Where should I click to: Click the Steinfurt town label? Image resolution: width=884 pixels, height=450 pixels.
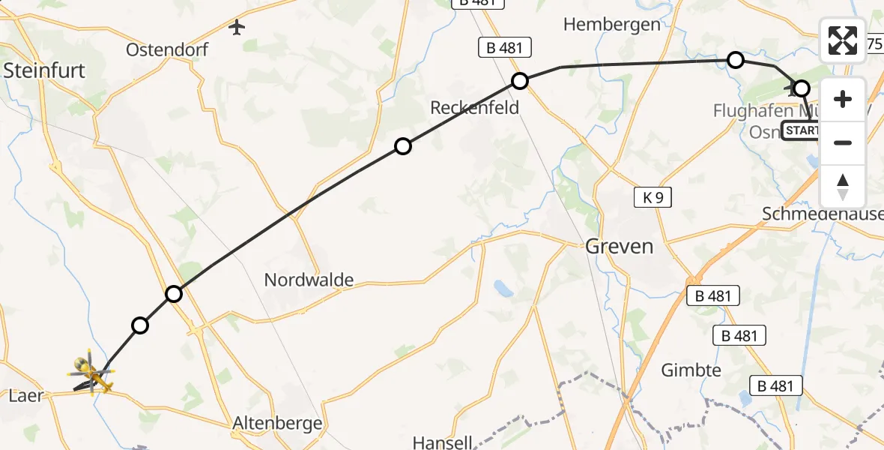[x=45, y=70]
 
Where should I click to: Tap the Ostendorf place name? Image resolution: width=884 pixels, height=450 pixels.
[x=166, y=50]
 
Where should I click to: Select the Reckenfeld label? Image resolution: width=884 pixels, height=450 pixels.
[x=474, y=108]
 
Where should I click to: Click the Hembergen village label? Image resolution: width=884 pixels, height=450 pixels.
[x=611, y=24]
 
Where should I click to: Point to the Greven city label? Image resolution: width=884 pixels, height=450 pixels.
[x=619, y=246]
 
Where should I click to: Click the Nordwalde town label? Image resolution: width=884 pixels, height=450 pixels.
[x=309, y=280]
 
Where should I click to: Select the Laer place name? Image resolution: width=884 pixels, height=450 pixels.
[x=25, y=395]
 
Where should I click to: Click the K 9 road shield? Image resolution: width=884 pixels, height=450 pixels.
[x=652, y=198]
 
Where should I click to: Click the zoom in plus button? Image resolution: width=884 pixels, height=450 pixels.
[x=843, y=99]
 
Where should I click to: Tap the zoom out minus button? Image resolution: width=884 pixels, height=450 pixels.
[x=843, y=142]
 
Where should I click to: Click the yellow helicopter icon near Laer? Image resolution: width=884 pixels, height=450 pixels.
[x=90, y=371]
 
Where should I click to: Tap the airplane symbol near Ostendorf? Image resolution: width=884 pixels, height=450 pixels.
[x=237, y=28]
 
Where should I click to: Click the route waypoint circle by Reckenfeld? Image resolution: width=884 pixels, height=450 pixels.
[x=520, y=80]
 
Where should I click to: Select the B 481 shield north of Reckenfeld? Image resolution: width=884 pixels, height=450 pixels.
[x=504, y=48]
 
